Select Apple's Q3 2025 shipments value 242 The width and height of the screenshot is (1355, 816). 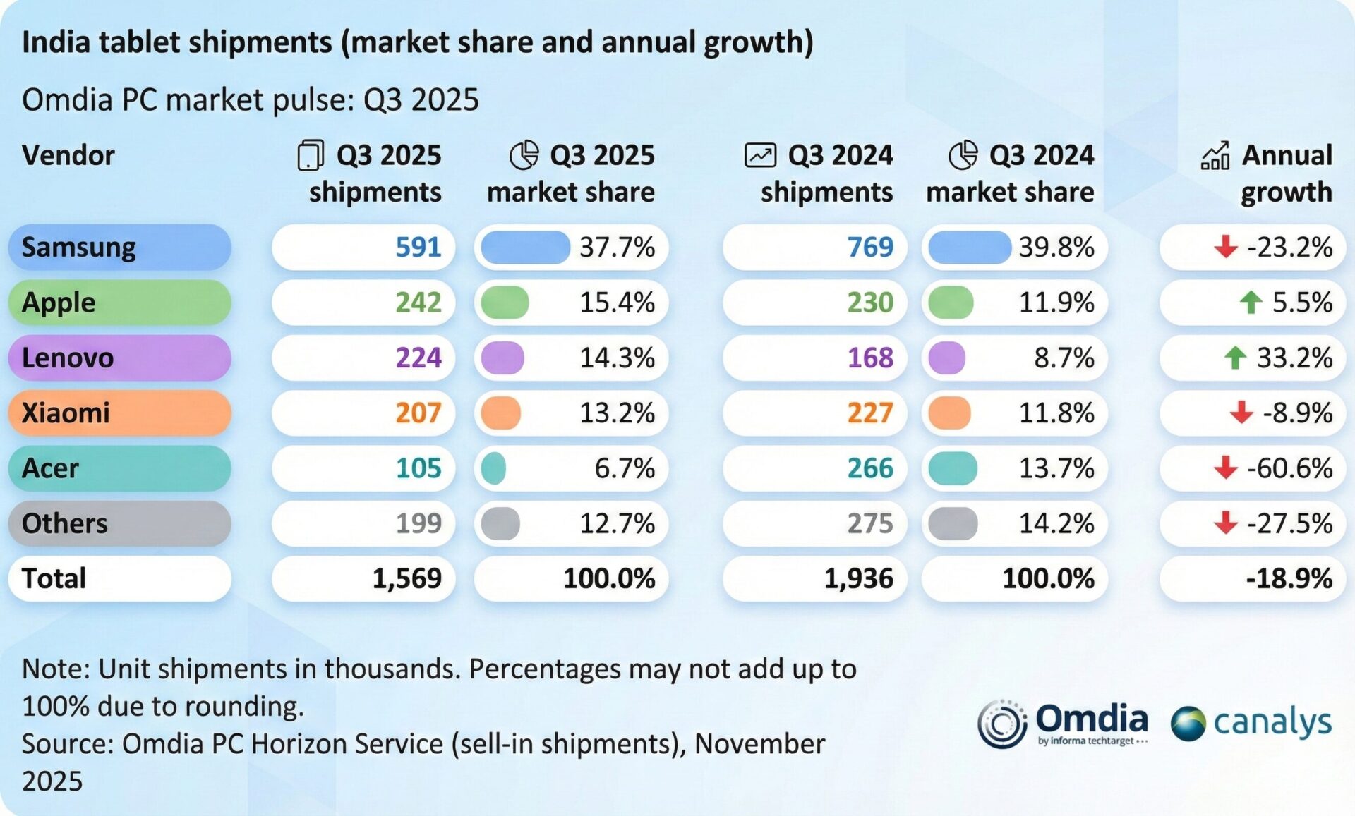(x=418, y=303)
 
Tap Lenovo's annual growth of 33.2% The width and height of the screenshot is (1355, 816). (x=1294, y=358)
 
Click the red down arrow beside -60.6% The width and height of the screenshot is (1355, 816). (x=1225, y=468)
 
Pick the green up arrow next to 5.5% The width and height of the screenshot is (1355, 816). (x=1251, y=303)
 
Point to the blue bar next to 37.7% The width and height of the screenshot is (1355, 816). (x=525, y=248)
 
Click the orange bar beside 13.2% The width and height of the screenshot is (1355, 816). (x=501, y=413)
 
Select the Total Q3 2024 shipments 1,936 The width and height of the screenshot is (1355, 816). (x=858, y=579)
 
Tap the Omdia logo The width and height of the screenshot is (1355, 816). (x=1063, y=724)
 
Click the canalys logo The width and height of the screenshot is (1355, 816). (x=1251, y=724)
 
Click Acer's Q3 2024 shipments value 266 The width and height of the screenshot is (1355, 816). (x=869, y=468)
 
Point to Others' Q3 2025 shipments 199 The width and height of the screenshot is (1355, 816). (x=418, y=523)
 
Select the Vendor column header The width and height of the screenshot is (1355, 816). (x=68, y=155)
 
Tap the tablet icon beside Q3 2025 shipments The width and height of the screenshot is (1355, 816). (x=311, y=155)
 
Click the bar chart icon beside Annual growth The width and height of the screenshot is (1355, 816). (x=1215, y=155)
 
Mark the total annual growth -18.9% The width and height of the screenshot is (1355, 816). (x=1289, y=579)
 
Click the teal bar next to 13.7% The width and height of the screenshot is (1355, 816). (x=953, y=468)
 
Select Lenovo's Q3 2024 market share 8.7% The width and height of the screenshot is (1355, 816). (x=1064, y=358)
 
